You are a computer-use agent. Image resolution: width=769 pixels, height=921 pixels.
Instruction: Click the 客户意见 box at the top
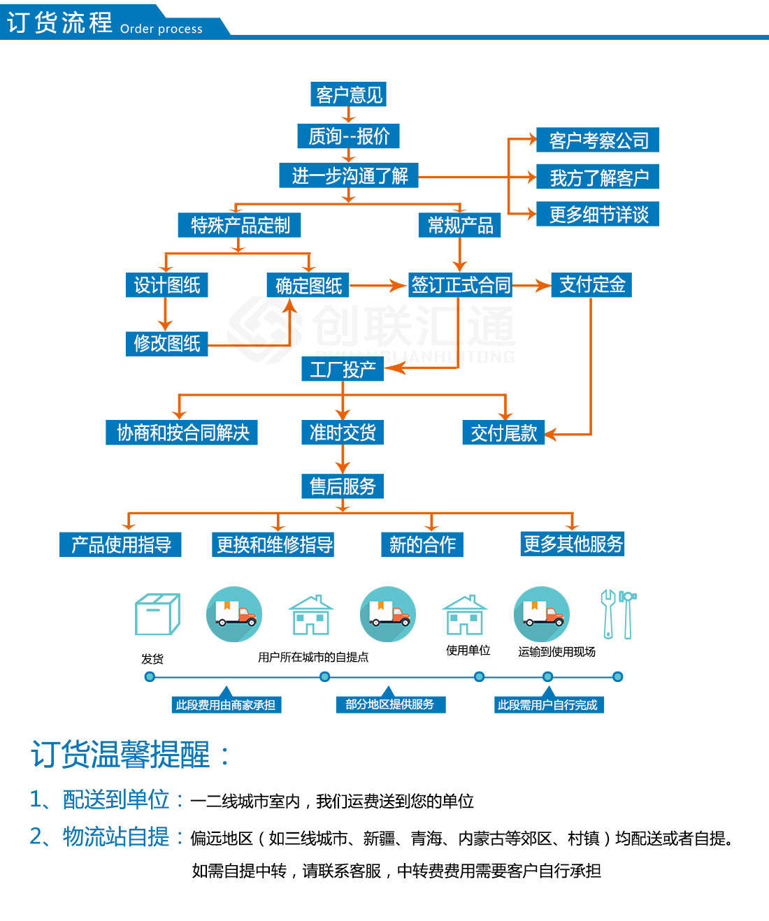(x=349, y=94)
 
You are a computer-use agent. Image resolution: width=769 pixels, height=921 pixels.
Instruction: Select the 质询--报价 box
(x=349, y=136)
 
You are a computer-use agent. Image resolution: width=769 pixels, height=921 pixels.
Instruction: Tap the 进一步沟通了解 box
(x=350, y=175)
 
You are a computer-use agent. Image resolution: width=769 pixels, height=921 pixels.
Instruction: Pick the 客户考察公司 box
(x=598, y=140)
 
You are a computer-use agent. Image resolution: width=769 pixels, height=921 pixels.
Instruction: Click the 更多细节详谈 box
(x=598, y=215)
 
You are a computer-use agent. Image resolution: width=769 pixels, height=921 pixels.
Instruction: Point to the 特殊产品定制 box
(x=240, y=225)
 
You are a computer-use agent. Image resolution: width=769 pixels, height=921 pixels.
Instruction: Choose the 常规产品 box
(x=459, y=225)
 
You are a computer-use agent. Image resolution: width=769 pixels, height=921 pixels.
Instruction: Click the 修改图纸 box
(x=166, y=343)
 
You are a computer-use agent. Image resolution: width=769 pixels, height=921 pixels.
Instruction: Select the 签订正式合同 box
(x=460, y=284)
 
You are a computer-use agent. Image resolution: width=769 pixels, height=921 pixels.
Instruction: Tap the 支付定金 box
(x=591, y=284)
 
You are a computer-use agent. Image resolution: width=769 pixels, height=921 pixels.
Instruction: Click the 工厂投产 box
(x=343, y=369)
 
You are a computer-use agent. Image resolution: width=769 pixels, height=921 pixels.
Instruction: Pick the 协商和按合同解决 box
(x=182, y=433)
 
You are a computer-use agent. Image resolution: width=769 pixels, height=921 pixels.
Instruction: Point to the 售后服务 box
(x=343, y=486)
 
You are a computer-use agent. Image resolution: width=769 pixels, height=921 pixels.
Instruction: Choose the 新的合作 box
(x=422, y=544)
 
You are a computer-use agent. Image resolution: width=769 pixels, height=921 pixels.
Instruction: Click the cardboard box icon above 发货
(x=157, y=614)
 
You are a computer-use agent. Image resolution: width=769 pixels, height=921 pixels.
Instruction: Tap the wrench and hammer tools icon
(x=618, y=614)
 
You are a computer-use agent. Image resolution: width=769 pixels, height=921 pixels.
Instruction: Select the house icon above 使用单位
(x=464, y=615)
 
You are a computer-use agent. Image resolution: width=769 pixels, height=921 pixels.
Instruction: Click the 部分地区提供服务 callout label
(x=389, y=704)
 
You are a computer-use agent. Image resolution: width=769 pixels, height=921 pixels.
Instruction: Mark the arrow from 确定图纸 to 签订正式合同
(x=378, y=285)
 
